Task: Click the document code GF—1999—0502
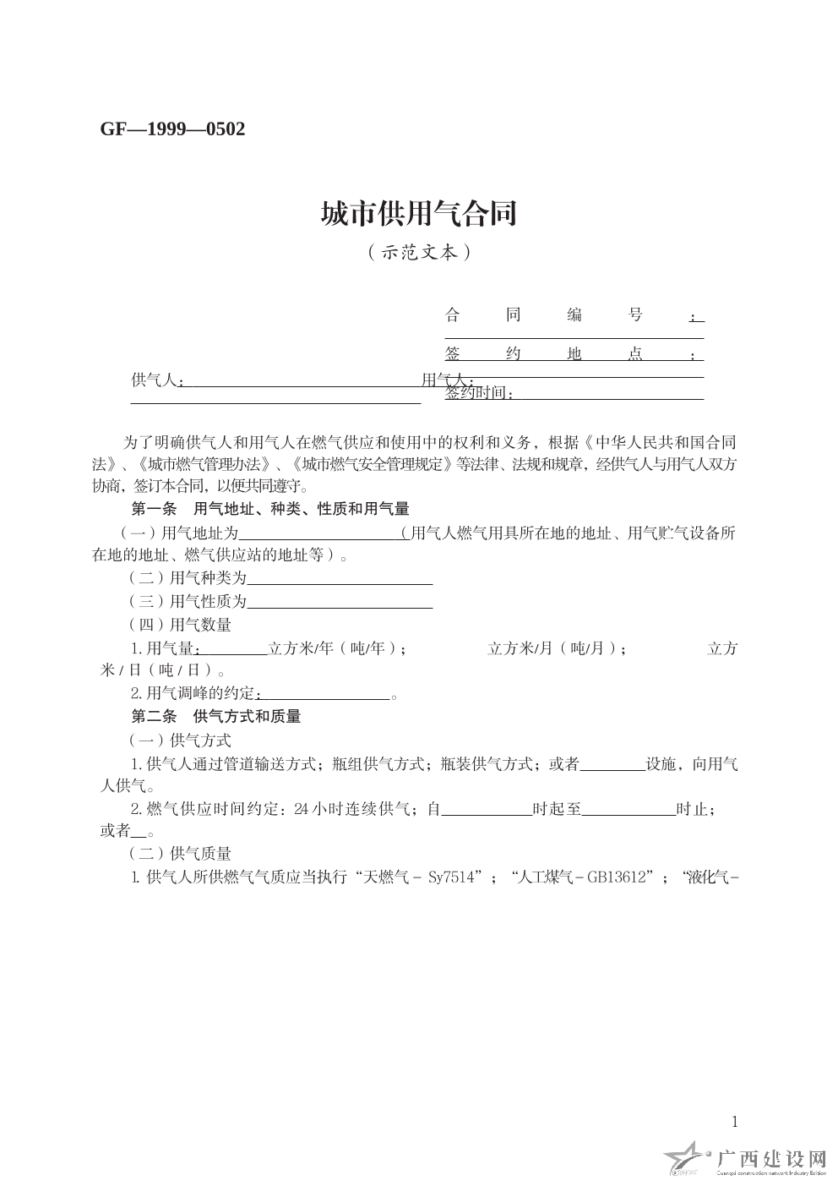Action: pyautogui.click(x=172, y=129)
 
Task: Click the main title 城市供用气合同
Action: pyautogui.click(x=418, y=214)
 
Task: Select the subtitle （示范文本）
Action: pyautogui.click(x=418, y=252)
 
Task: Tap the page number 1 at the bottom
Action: pyautogui.click(x=734, y=1122)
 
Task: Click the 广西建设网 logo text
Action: pyautogui.click(x=770, y=1157)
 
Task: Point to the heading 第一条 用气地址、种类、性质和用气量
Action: pyautogui.click(x=270, y=509)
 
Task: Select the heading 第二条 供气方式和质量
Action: pyautogui.click(x=216, y=716)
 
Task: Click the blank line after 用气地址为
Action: pyautogui.click(x=321, y=534)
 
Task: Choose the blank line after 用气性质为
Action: pyautogui.click(x=340, y=602)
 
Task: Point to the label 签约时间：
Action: pyautogui.click(x=479, y=392)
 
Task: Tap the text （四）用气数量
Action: pyautogui.click(x=179, y=625)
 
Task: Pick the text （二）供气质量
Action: pyautogui.click(x=179, y=854)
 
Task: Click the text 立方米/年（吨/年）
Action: pyautogui.click(x=333, y=648)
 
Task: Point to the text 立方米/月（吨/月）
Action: pyautogui.click(x=553, y=648)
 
